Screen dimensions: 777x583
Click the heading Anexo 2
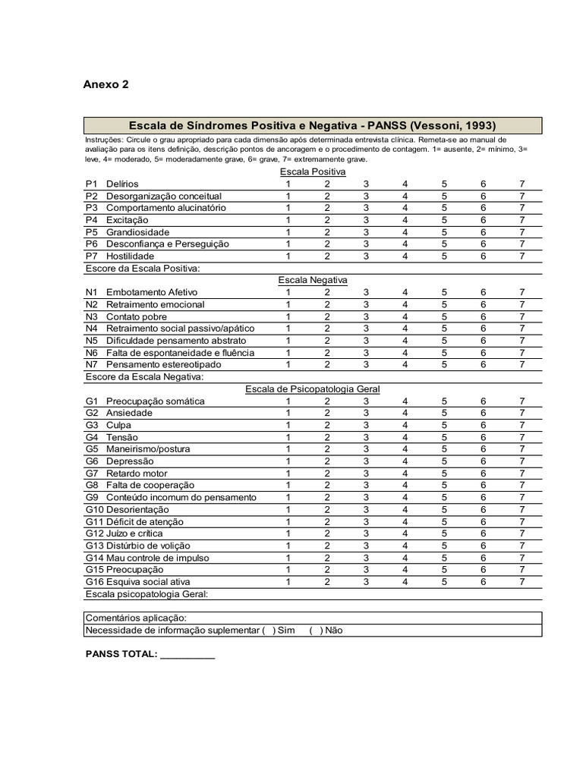tap(106, 84)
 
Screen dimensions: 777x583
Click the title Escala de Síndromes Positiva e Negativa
tap(313, 125)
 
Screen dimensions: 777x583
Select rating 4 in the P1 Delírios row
tap(405, 184)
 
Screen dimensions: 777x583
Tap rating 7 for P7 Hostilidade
tap(522, 256)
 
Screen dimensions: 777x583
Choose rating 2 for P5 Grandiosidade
tap(327, 232)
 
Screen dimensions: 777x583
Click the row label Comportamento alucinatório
tap(165, 208)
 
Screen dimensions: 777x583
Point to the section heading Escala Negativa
tap(313, 280)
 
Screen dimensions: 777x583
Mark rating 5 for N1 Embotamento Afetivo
tap(444, 292)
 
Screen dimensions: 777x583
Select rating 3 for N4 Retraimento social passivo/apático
tap(366, 329)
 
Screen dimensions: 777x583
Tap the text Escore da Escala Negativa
tap(144, 376)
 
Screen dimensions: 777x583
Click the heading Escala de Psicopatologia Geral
tap(312, 389)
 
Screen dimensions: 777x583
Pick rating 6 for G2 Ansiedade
tap(483, 413)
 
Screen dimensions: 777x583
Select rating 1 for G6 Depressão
tap(288, 461)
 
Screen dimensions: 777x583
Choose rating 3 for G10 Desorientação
tap(366, 510)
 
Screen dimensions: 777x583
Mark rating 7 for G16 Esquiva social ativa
tap(522, 582)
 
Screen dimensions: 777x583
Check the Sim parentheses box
tap(268, 631)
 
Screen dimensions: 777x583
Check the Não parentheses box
tap(316, 631)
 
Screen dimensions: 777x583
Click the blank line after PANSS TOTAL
tap(188, 655)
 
